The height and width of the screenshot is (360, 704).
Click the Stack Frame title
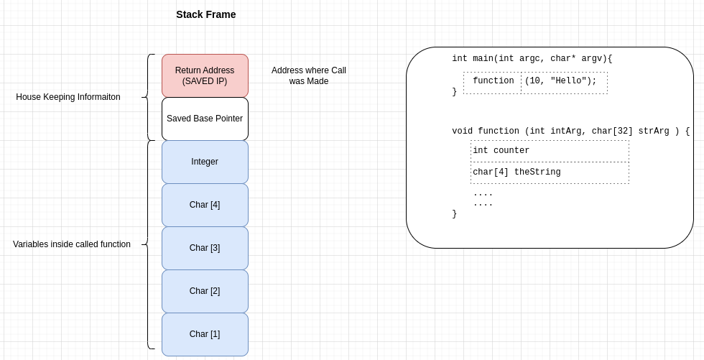coord(205,14)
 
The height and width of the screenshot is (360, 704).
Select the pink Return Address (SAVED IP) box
coord(205,75)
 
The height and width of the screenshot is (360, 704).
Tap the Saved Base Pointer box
coord(205,119)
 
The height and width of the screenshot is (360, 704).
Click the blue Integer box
coord(205,162)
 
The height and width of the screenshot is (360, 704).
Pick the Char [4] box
coord(205,205)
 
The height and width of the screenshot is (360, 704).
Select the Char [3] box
coord(205,248)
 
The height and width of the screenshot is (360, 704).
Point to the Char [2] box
coord(205,291)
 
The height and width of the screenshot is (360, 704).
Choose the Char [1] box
coord(205,334)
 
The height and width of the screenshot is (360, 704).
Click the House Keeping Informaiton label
coord(68,97)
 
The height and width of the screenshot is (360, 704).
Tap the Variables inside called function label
coord(72,244)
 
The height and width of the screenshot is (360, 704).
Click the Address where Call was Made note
coord(309,75)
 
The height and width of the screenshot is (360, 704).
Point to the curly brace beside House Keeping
coord(149,97)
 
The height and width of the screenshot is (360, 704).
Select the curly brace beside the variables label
coord(149,244)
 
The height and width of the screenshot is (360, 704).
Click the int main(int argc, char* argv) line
coord(532,59)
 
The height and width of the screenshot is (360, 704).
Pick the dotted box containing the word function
coord(493,82)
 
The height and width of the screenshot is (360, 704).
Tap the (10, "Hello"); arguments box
coord(564,82)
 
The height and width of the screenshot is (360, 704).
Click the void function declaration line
coord(570,131)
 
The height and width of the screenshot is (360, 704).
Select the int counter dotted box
coord(550,151)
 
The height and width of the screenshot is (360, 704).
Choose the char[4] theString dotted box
coord(550,172)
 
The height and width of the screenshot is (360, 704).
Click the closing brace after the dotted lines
coord(454,214)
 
